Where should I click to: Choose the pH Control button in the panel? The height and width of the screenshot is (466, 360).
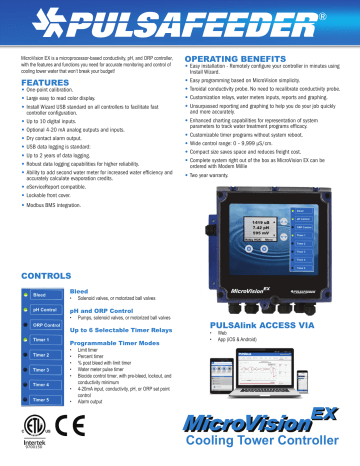tap(43, 281)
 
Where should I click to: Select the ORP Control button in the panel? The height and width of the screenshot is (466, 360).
tap(43, 296)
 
